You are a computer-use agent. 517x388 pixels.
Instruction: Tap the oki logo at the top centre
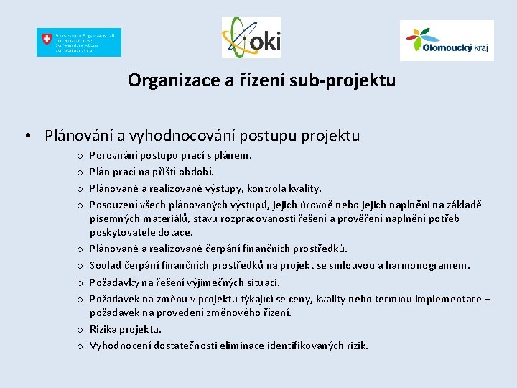point(251,37)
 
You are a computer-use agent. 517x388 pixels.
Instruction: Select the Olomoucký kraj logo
point(446,40)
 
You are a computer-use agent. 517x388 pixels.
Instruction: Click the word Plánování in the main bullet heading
point(78,136)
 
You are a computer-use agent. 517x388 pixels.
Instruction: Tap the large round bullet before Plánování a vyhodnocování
point(27,136)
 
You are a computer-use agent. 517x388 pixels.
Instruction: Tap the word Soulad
point(105,265)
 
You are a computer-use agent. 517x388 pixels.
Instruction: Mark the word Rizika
point(103,329)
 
